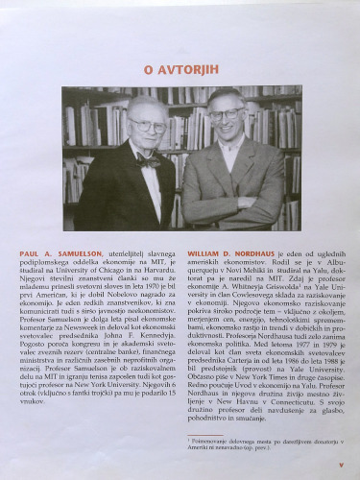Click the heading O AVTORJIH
coord(180,69)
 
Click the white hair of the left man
coord(144,102)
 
